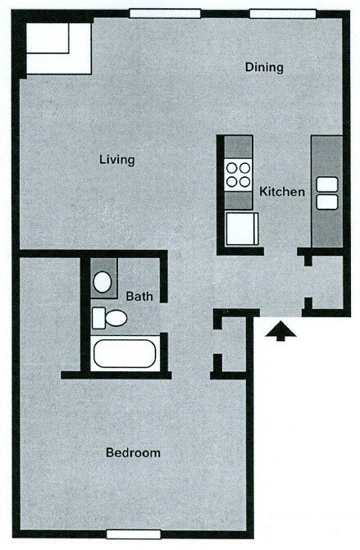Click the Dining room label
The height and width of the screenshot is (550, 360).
click(x=264, y=67)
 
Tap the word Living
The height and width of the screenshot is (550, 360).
click(x=116, y=160)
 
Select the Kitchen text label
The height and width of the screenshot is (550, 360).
click(x=282, y=192)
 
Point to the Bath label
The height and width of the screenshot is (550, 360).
click(x=139, y=297)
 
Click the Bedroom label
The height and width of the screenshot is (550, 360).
click(x=133, y=452)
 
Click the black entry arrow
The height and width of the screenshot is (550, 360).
click(x=280, y=331)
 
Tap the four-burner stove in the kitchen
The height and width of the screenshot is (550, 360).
click(x=239, y=175)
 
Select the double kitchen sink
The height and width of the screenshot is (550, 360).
click(x=327, y=193)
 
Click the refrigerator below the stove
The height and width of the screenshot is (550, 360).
click(x=242, y=229)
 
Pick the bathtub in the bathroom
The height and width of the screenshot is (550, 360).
click(x=125, y=353)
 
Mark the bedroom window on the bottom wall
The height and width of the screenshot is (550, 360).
click(x=133, y=534)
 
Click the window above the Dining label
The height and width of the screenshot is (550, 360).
click(x=282, y=14)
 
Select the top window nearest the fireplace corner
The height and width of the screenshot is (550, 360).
click(x=165, y=14)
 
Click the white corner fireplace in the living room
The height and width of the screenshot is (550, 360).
click(x=59, y=48)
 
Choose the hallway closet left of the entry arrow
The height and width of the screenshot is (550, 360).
click(x=232, y=343)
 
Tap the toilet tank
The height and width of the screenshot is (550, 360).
click(x=98, y=318)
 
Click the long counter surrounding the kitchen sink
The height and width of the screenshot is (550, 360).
click(x=327, y=192)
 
